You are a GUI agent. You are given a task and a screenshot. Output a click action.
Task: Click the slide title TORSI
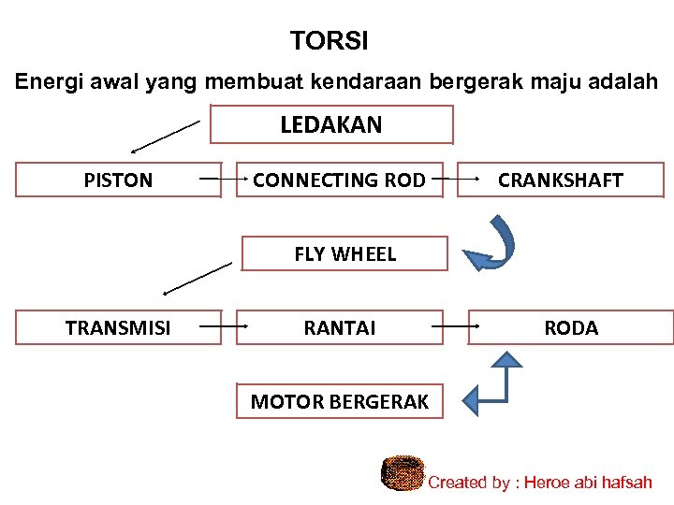(x=329, y=41)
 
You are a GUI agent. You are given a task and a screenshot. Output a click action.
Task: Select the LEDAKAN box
(x=331, y=124)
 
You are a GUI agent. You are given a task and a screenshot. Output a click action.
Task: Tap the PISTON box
(x=118, y=180)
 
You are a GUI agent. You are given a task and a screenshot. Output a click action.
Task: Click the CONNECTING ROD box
(x=339, y=180)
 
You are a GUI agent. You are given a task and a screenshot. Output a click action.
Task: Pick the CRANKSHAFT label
(x=560, y=180)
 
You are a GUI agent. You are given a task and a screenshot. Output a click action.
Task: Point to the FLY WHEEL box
(x=344, y=253)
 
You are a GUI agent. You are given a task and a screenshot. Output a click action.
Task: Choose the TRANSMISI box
(x=118, y=327)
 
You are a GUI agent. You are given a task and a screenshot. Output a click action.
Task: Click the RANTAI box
(x=339, y=327)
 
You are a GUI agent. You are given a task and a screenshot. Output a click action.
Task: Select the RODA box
(x=570, y=327)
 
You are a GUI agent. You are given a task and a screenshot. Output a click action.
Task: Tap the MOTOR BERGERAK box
(x=339, y=402)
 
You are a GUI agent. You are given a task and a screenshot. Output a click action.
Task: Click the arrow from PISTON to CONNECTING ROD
(x=222, y=178)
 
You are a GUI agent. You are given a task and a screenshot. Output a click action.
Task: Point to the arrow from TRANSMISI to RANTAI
(x=222, y=326)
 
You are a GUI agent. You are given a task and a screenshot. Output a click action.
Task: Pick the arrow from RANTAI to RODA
(x=456, y=326)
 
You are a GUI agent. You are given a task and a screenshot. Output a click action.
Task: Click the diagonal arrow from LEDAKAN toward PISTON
(x=166, y=136)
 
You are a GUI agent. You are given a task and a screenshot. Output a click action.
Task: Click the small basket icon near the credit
(x=403, y=473)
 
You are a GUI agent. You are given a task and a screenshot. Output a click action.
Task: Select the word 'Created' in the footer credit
(x=458, y=483)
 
